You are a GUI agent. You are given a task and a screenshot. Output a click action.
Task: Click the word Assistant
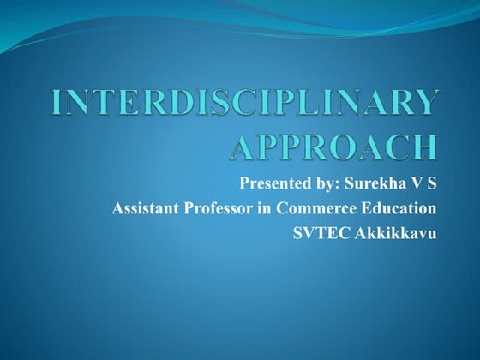147,207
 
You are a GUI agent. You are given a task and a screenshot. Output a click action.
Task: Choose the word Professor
225,207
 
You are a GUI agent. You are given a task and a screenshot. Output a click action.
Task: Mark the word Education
401,207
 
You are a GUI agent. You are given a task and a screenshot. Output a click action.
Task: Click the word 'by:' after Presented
327,183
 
